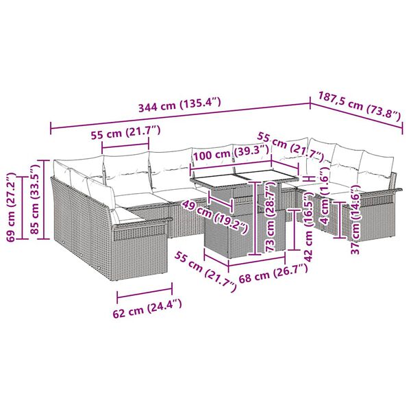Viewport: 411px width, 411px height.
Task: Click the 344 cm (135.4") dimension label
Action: click(179, 106)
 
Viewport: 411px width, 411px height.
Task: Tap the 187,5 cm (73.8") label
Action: click(359, 107)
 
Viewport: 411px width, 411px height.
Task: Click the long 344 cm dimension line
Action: click(179, 116)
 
